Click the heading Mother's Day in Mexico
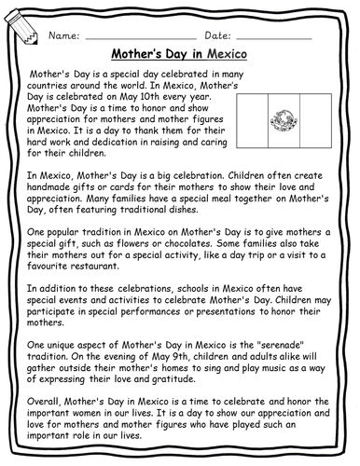[x=180, y=55]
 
